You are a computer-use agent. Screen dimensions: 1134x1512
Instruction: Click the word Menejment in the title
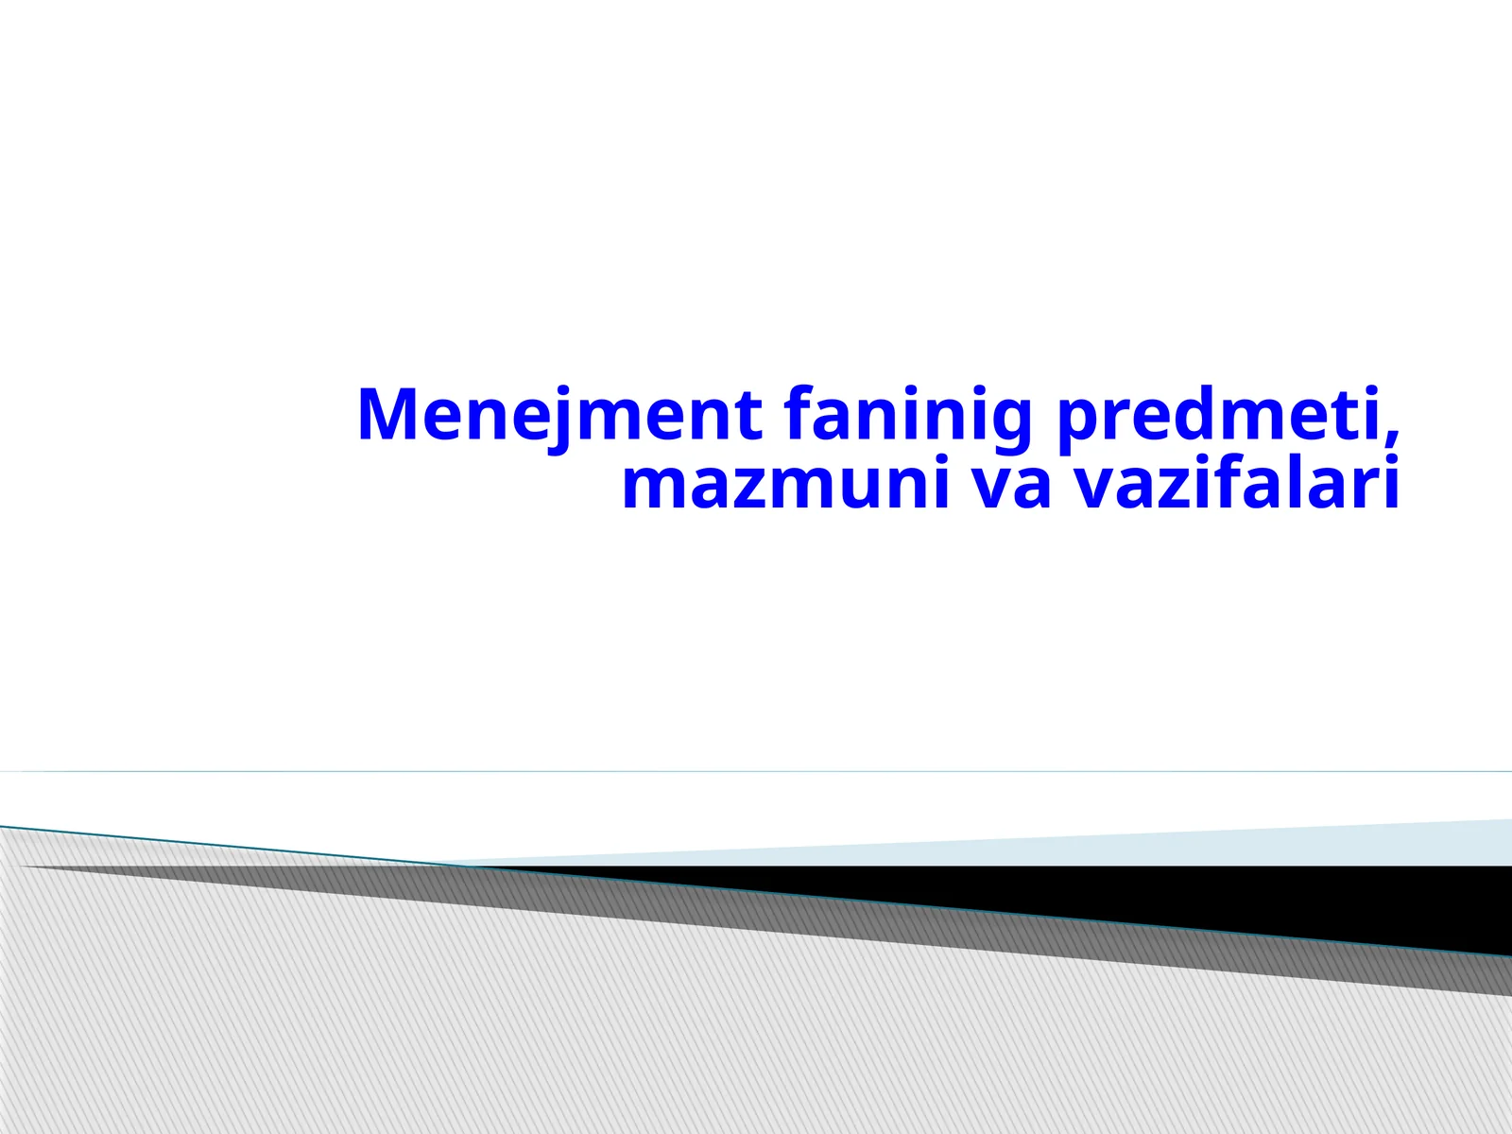[559, 415]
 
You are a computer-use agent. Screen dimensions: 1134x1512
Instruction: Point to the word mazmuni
[785, 484]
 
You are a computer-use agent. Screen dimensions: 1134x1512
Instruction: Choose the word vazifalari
[1237, 484]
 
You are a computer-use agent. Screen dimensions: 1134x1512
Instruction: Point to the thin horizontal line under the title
[756, 771]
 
